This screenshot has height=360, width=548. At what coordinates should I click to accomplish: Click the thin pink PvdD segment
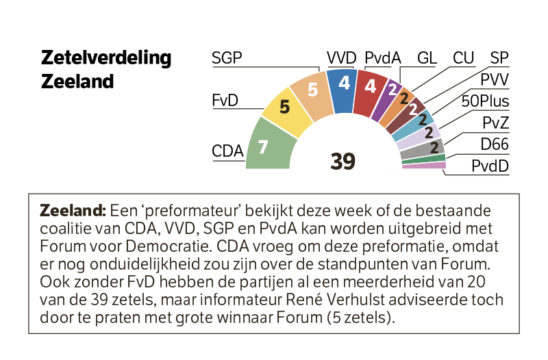point(424,165)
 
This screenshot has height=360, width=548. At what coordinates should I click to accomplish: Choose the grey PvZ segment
point(422,149)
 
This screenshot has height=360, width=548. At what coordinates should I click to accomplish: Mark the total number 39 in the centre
point(343,162)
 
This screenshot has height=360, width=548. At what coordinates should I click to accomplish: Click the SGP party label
point(227,57)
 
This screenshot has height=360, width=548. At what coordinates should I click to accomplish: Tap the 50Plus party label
point(485,101)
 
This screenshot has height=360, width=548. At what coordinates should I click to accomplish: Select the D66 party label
point(495,144)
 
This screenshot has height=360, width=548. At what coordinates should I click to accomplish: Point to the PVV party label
point(495,80)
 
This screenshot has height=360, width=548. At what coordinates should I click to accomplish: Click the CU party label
point(464,58)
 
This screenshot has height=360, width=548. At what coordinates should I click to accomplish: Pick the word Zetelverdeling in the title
point(106,58)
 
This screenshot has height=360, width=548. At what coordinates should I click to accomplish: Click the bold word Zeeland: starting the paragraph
point(73,211)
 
